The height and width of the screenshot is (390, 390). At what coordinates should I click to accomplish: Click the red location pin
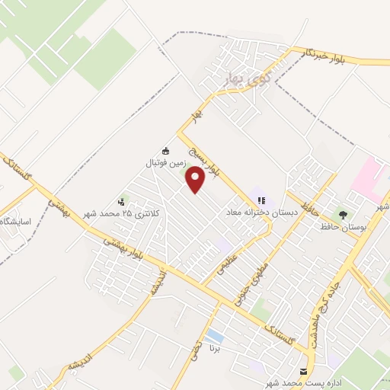pos(196,179)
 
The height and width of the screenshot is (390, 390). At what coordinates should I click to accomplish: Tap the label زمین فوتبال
pos(166,162)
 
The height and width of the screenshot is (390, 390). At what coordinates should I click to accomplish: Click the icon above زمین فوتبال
pos(166,150)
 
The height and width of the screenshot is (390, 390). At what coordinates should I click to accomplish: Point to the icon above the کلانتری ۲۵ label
pos(122,200)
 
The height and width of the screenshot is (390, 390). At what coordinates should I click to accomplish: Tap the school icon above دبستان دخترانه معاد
pos(262,201)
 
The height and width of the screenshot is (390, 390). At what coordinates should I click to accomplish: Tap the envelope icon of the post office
pos(305,371)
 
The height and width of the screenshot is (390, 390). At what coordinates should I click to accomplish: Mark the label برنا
pos(216,351)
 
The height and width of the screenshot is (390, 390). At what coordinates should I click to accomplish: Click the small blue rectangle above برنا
pos(215,336)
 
